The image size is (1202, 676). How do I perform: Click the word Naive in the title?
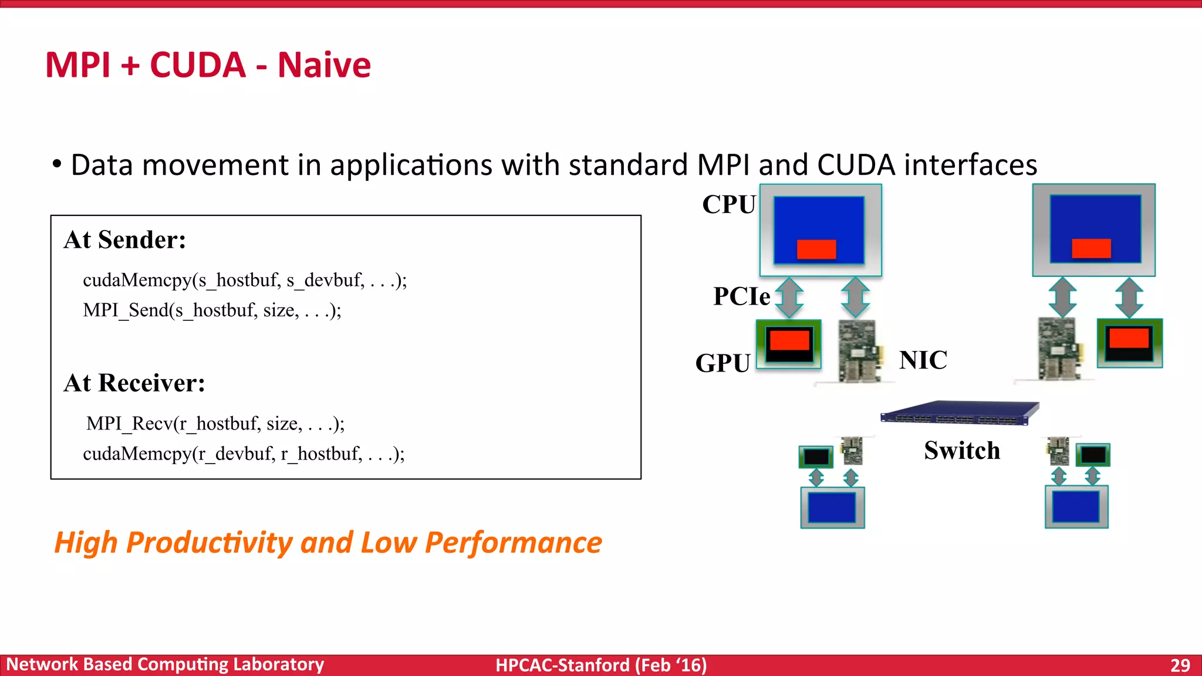(x=324, y=65)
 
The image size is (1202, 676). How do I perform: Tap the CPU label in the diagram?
(x=728, y=204)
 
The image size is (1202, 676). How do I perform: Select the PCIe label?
(x=741, y=296)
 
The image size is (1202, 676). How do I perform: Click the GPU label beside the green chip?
(x=722, y=363)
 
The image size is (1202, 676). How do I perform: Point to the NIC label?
(x=923, y=360)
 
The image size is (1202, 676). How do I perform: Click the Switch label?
(x=961, y=451)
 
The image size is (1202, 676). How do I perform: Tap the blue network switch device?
(x=959, y=413)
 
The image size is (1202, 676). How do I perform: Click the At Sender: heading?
(x=124, y=239)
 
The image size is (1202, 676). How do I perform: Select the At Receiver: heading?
(x=134, y=383)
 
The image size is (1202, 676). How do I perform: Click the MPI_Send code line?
(x=211, y=310)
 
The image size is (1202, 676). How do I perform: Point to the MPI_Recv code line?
(x=215, y=423)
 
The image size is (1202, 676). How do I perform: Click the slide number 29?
(x=1180, y=665)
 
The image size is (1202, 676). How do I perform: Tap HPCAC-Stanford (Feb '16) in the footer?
(x=600, y=665)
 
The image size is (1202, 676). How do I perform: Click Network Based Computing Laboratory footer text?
(x=165, y=664)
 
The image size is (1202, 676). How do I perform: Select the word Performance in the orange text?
(x=513, y=542)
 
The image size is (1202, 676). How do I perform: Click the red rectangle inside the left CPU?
(x=816, y=249)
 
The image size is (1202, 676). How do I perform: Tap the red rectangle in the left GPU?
(x=789, y=340)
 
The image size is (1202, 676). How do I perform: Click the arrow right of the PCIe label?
(x=789, y=298)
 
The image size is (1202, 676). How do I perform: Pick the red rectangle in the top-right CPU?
(x=1091, y=248)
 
